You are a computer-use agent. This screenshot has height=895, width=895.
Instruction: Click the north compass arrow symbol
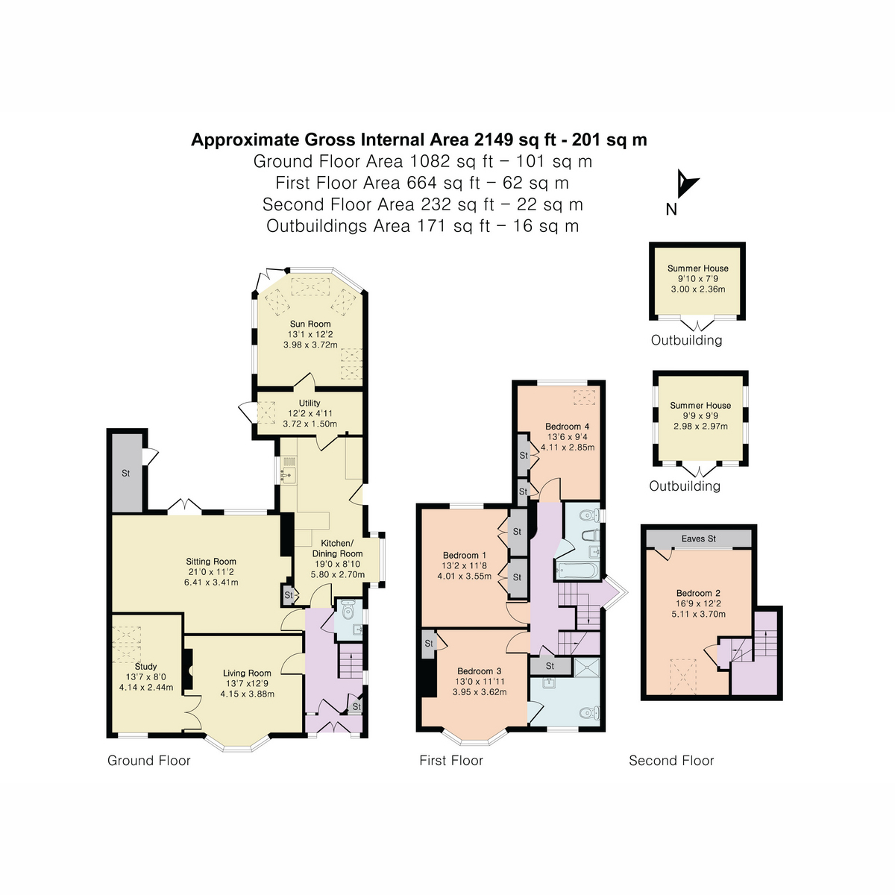(x=685, y=183)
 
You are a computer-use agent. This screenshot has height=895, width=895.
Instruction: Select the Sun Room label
(x=310, y=324)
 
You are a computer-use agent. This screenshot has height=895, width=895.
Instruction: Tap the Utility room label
(x=310, y=403)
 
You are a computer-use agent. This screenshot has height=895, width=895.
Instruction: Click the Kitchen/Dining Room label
(x=337, y=548)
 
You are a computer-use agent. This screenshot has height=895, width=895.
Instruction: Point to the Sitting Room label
(x=211, y=562)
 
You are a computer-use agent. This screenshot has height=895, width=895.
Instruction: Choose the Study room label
(x=146, y=666)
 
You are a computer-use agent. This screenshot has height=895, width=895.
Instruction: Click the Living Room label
(x=247, y=673)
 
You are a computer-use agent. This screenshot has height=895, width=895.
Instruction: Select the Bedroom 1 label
(x=464, y=555)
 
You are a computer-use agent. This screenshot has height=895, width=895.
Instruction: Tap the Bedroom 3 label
(x=479, y=671)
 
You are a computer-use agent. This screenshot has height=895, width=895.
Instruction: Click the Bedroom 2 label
(x=698, y=594)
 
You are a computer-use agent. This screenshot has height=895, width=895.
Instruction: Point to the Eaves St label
(x=698, y=538)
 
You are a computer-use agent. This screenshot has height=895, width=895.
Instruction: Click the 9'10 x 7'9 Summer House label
(x=697, y=268)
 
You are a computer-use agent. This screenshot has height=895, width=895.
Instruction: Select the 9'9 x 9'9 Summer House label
(x=700, y=406)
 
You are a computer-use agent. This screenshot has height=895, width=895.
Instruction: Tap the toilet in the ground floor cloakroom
(x=348, y=612)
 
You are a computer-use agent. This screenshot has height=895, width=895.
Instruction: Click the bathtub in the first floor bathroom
(x=576, y=571)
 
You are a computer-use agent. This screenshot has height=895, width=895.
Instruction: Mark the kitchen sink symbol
(x=287, y=473)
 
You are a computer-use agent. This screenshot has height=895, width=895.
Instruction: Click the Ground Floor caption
(x=149, y=761)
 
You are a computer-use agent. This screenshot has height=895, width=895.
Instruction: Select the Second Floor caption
(x=671, y=761)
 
